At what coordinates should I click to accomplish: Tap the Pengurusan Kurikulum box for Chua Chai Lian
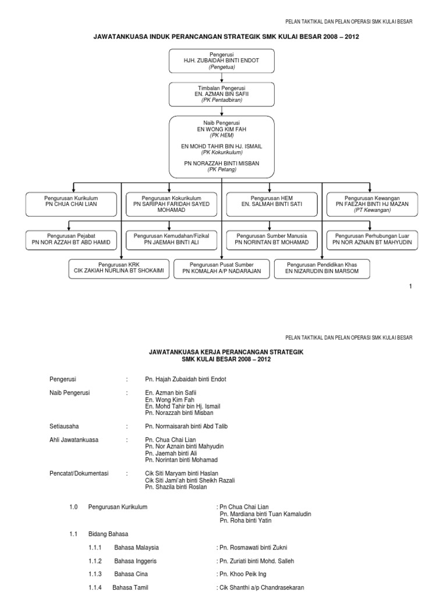coord(72,201)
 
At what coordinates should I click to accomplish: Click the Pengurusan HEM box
coord(271,201)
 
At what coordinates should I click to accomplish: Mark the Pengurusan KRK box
coord(121,268)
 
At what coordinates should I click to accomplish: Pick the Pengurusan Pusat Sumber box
coord(221,268)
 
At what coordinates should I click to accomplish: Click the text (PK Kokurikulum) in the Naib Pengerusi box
coord(221,152)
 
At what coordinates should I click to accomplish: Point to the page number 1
coord(410,286)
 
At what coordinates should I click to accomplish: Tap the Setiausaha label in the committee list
coord(63,426)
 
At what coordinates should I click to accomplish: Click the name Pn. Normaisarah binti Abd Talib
coord(186,426)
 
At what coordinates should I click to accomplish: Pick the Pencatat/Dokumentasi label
coord(79,473)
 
